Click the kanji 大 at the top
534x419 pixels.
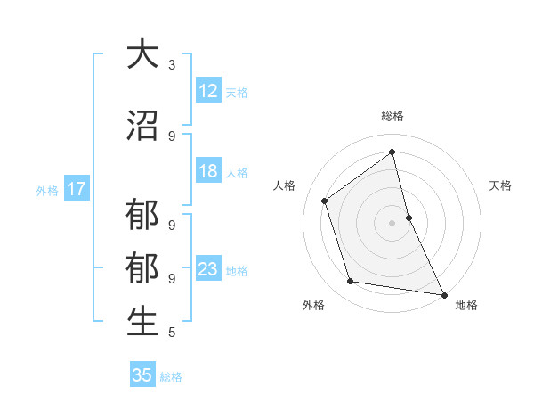[x=142, y=54]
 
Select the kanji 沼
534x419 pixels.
[x=142, y=126]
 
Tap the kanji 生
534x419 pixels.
[x=142, y=323]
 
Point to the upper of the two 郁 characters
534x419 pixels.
[x=142, y=217]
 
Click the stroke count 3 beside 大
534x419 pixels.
[x=172, y=65]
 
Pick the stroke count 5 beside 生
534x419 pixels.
[x=172, y=333]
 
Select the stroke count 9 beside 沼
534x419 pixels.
[x=172, y=136]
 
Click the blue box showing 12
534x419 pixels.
[x=208, y=91]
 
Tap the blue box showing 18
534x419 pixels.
[x=208, y=171]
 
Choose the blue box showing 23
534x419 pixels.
[x=208, y=269]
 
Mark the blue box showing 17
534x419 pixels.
[x=76, y=189]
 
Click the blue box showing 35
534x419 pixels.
[x=142, y=375]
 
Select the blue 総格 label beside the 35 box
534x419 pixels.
[x=172, y=377]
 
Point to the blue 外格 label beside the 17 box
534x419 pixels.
[x=47, y=190]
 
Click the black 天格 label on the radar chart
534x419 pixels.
[x=500, y=185]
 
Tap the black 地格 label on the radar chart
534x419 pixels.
[x=466, y=305]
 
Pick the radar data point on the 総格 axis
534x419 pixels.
[x=392, y=152]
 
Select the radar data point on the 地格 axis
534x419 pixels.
[x=443, y=293]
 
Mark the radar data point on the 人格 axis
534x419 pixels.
[x=325, y=201]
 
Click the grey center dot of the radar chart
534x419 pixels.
[x=392, y=222]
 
